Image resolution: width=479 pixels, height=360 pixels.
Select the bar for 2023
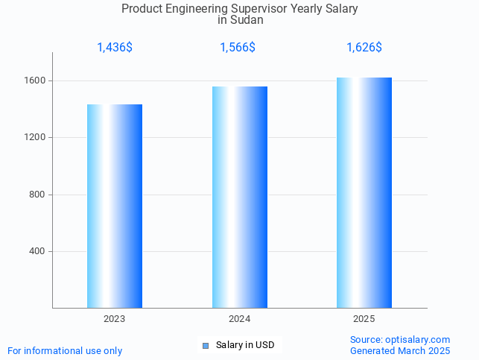[x=115, y=206]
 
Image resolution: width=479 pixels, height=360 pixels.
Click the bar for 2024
[x=240, y=197]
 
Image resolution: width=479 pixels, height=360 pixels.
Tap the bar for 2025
[x=364, y=192]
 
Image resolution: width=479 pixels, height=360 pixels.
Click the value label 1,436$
[x=115, y=48]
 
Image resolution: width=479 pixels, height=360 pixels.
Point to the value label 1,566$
[x=238, y=48]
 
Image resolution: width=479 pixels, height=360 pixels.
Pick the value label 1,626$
[x=364, y=48]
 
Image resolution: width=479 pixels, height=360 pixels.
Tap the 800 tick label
[x=37, y=195]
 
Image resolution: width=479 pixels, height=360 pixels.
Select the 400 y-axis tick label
[x=37, y=251]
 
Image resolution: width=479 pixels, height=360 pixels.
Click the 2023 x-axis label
[x=115, y=319]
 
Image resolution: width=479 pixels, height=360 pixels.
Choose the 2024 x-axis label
[x=240, y=319]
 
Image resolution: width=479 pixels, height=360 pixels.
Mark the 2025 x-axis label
[x=364, y=319]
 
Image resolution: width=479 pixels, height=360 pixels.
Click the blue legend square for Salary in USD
[x=206, y=346]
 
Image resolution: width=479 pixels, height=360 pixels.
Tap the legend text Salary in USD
[x=245, y=345]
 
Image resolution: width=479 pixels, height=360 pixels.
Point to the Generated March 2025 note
[x=400, y=350]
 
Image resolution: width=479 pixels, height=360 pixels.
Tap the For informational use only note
[x=65, y=350]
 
